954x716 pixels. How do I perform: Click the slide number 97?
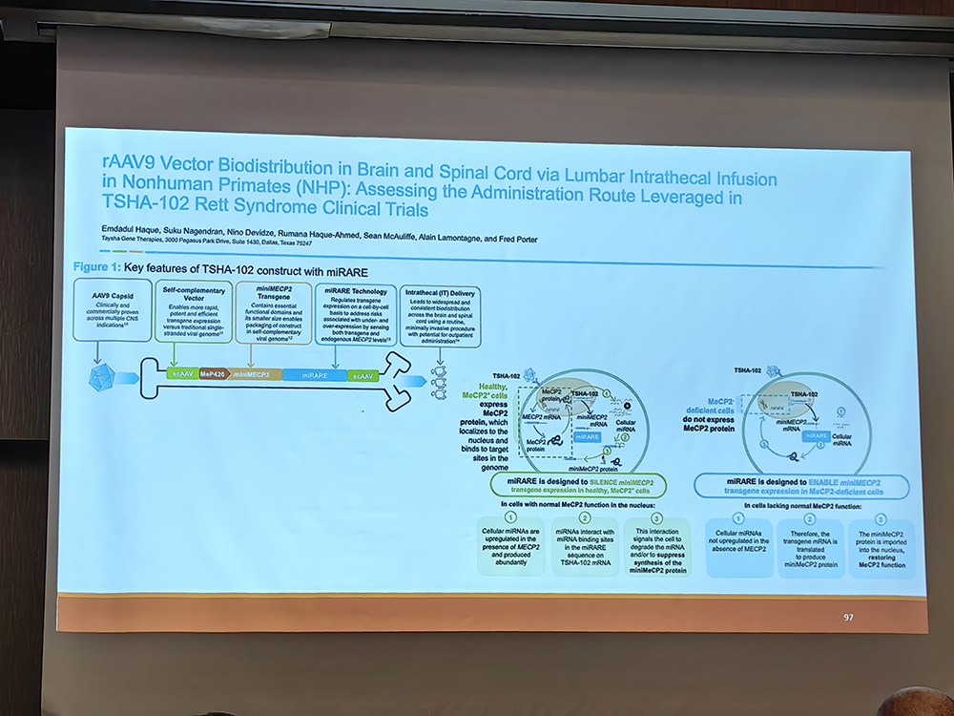[x=848, y=617]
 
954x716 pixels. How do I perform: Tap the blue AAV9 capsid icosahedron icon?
[x=102, y=378]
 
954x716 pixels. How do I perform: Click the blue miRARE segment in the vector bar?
[x=312, y=376]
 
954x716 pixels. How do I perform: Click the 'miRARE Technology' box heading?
[x=355, y=291]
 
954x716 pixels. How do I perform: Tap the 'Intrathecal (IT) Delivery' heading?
[x=441, y=292]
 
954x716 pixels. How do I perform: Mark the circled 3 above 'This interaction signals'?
[x=656, y=517]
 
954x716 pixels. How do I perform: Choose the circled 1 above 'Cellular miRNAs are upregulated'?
[x=511, y=517]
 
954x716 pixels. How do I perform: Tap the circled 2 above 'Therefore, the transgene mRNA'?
[x=810, y=519]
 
